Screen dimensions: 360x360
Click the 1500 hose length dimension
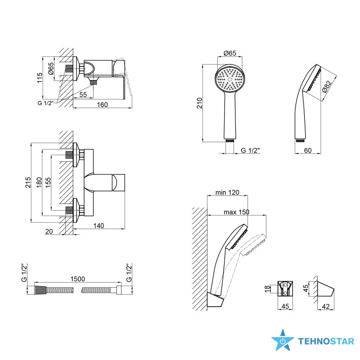(77, 279)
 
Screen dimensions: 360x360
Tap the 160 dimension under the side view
(102, 105)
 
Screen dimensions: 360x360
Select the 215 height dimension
(28, 183)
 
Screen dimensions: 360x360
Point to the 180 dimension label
(39, 183)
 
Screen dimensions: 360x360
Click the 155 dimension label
(48, 183)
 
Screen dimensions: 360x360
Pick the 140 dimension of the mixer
(99, 226)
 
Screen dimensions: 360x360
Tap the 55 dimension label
(83, 94)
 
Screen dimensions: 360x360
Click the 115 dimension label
(40, 78)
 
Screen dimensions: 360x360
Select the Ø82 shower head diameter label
(327, 86)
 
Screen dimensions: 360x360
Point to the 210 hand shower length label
(199, 103)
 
